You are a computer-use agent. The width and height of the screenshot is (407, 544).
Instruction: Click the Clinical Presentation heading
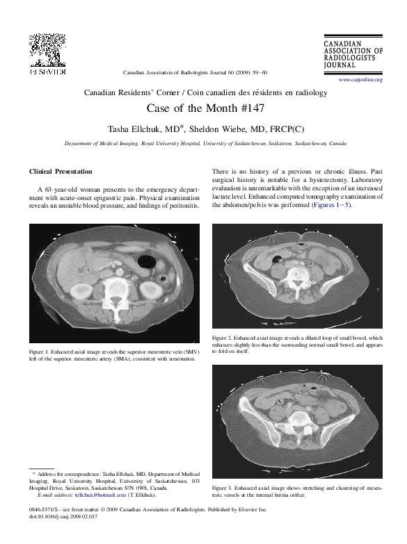point(61,171)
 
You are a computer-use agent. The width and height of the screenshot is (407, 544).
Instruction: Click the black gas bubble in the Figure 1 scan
point(147,263)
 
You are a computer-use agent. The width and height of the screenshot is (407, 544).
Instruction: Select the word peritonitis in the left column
point(183,206)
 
